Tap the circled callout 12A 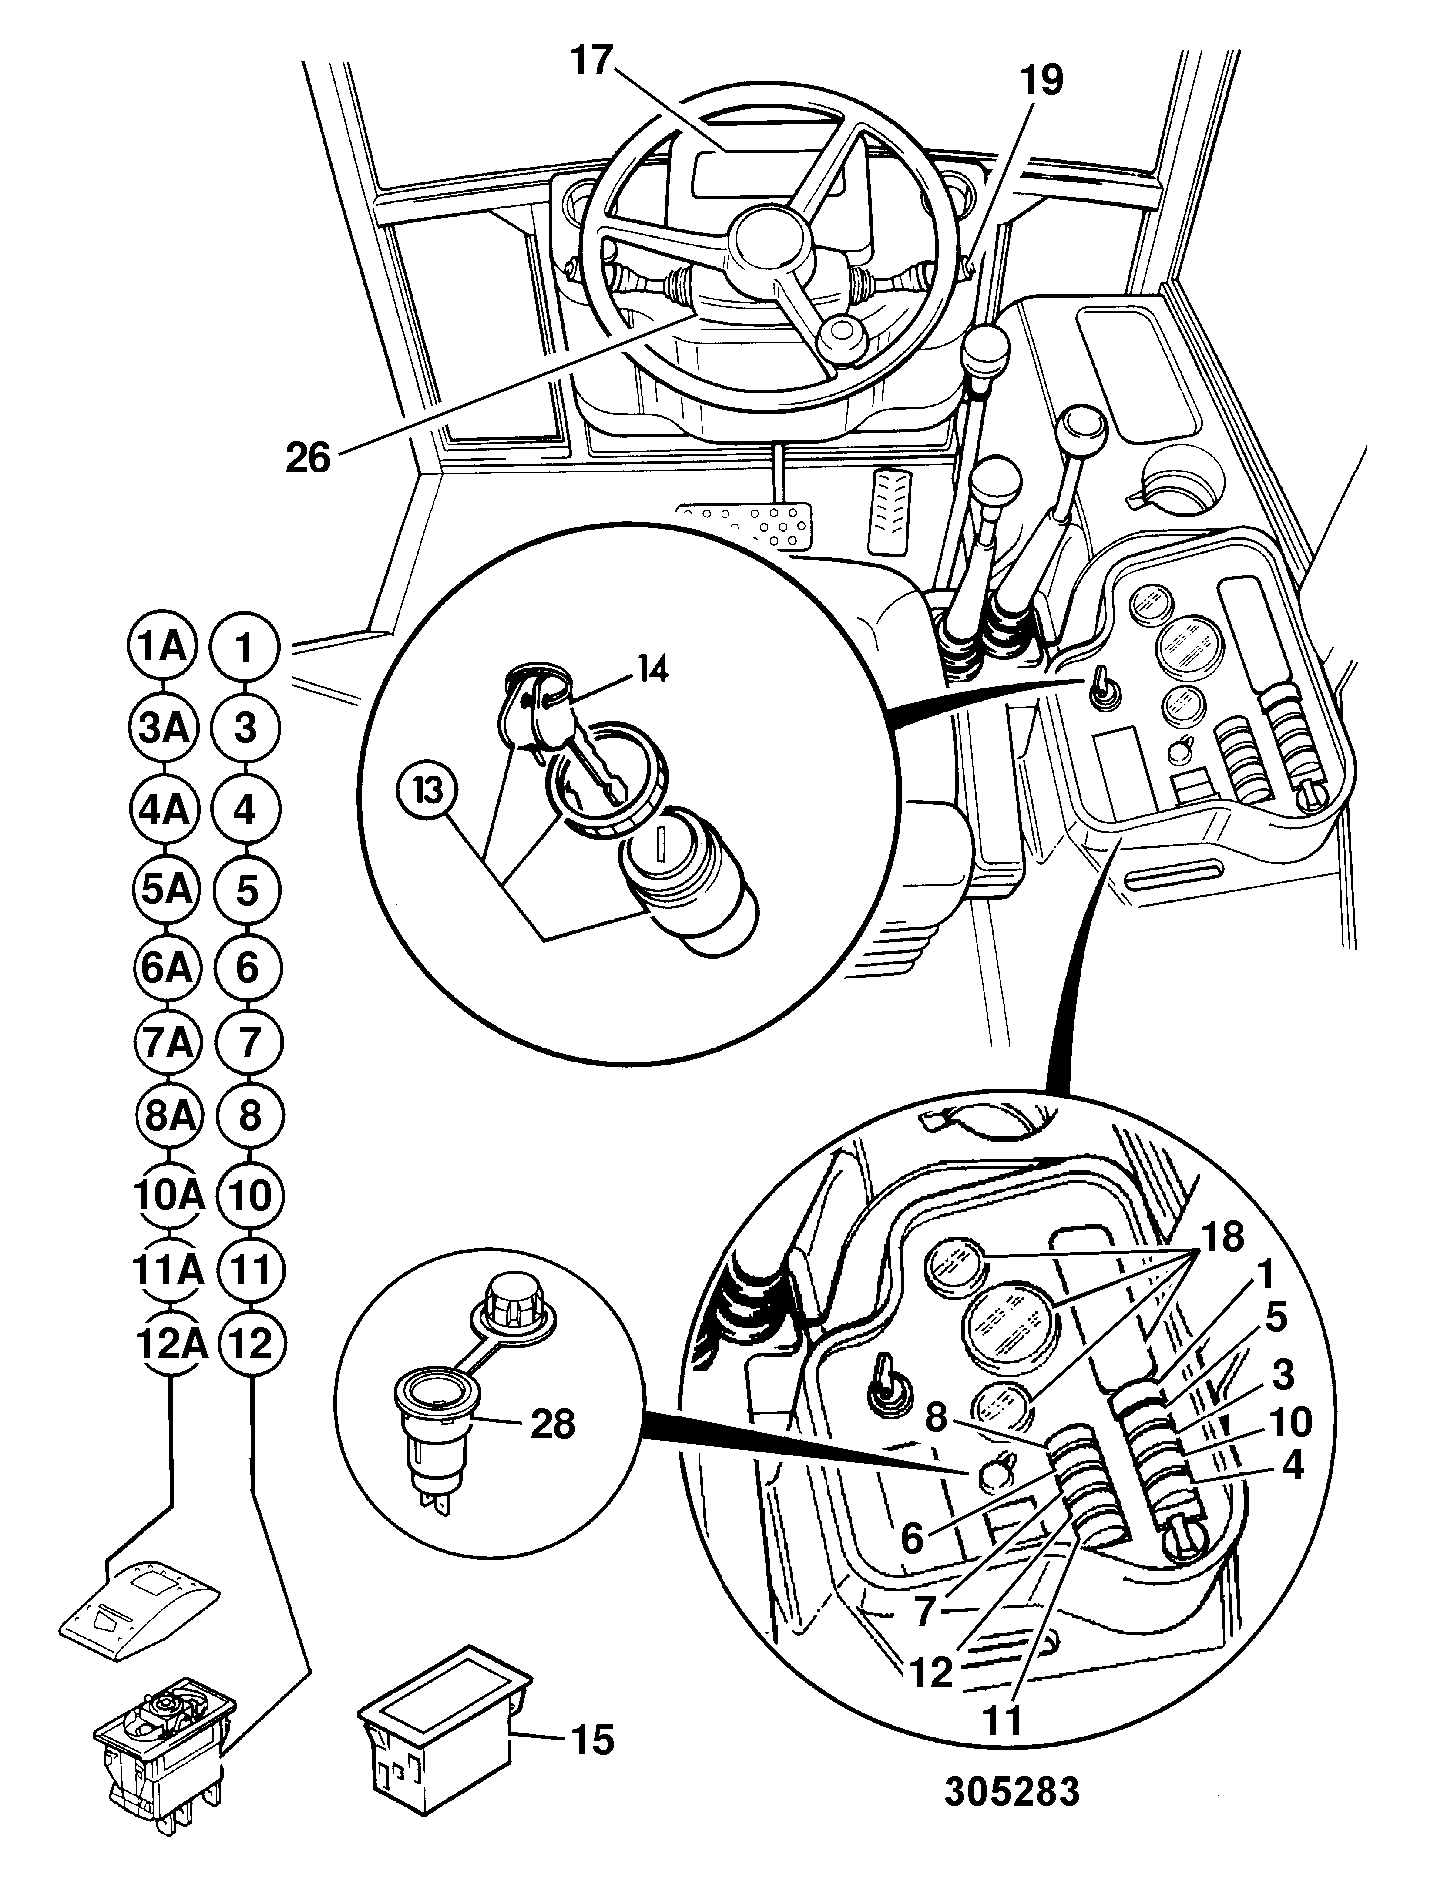(169, 1344)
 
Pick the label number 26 (307, 457)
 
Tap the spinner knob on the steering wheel (841, 341)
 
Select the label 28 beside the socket (551, 1424)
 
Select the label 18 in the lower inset (1221, 1238)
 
